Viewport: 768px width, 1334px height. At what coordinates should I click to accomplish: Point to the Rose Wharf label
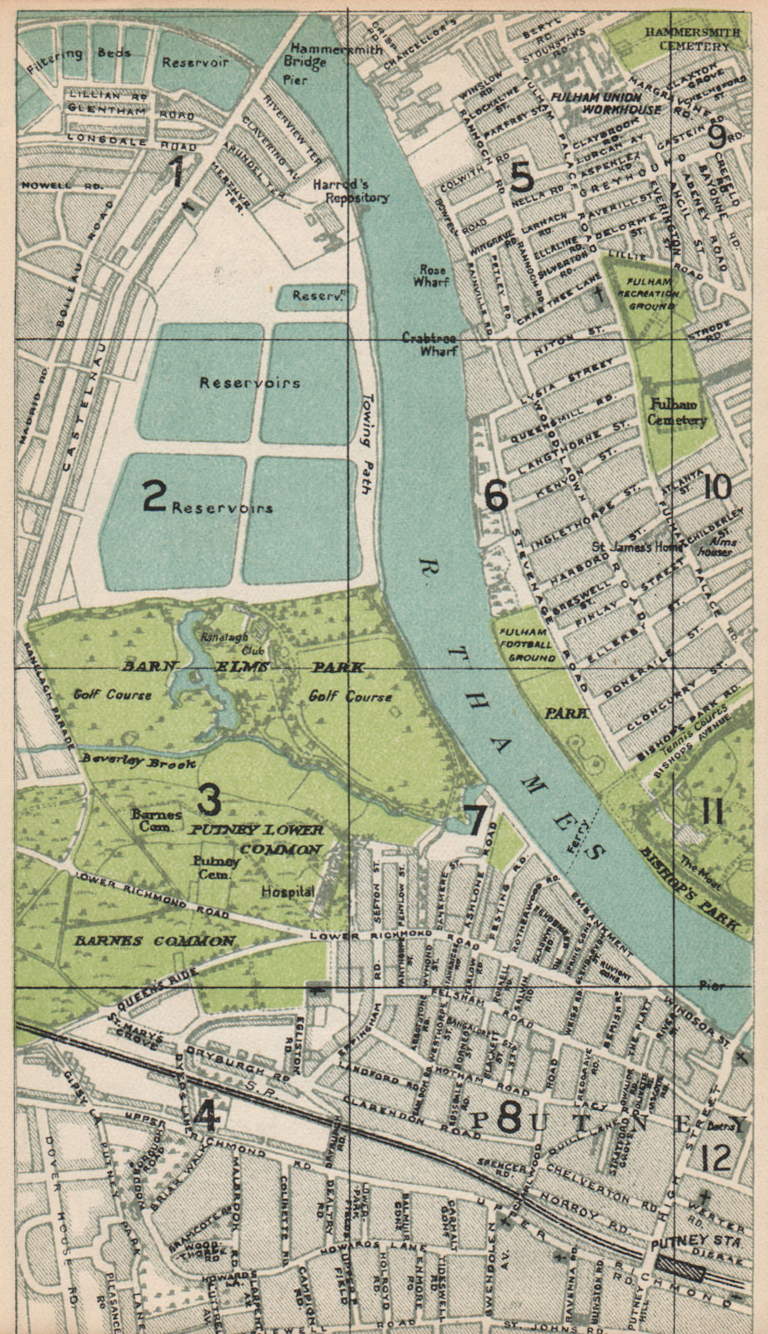point(431,276)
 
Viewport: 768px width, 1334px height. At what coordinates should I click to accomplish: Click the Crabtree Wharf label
point(429,344)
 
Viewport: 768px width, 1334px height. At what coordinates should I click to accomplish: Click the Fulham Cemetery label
point(677,412)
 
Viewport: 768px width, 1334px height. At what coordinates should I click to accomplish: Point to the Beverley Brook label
point(138,761)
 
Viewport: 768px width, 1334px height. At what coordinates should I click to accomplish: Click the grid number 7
point(475,820)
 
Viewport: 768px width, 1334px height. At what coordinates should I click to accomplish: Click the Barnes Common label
point(155,940)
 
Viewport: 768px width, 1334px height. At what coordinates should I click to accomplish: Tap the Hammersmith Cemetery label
point(687,38)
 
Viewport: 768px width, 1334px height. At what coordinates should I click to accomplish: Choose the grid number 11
point(711,810)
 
